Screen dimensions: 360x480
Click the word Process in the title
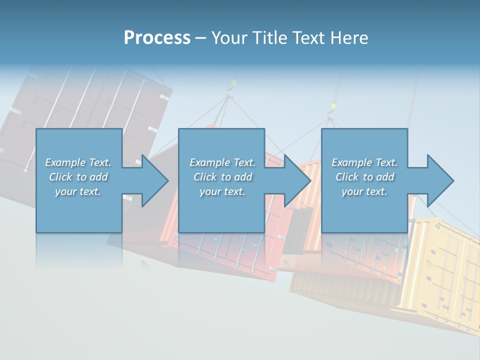tap(157, 38)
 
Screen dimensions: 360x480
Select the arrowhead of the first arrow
tap(154, 180)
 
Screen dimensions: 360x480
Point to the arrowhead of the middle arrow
tap(297, 180)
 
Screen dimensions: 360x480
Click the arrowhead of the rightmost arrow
tap(440, 180)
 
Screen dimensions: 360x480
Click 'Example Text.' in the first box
tap(78, 162)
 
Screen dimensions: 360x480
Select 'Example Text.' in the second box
tap(222, 162)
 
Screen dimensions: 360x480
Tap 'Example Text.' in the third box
tap(364, 162)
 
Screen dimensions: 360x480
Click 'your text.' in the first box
tap(78, 191)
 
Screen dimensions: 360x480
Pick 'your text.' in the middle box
tap(222, 191)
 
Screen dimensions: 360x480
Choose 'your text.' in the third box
tap(364, 191)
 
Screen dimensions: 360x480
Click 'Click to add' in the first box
tap(78, 177)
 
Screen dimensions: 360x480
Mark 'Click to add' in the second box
tap(222, 177)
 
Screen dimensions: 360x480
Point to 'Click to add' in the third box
tap(364, 177)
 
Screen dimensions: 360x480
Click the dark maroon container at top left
tap(90, 100)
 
